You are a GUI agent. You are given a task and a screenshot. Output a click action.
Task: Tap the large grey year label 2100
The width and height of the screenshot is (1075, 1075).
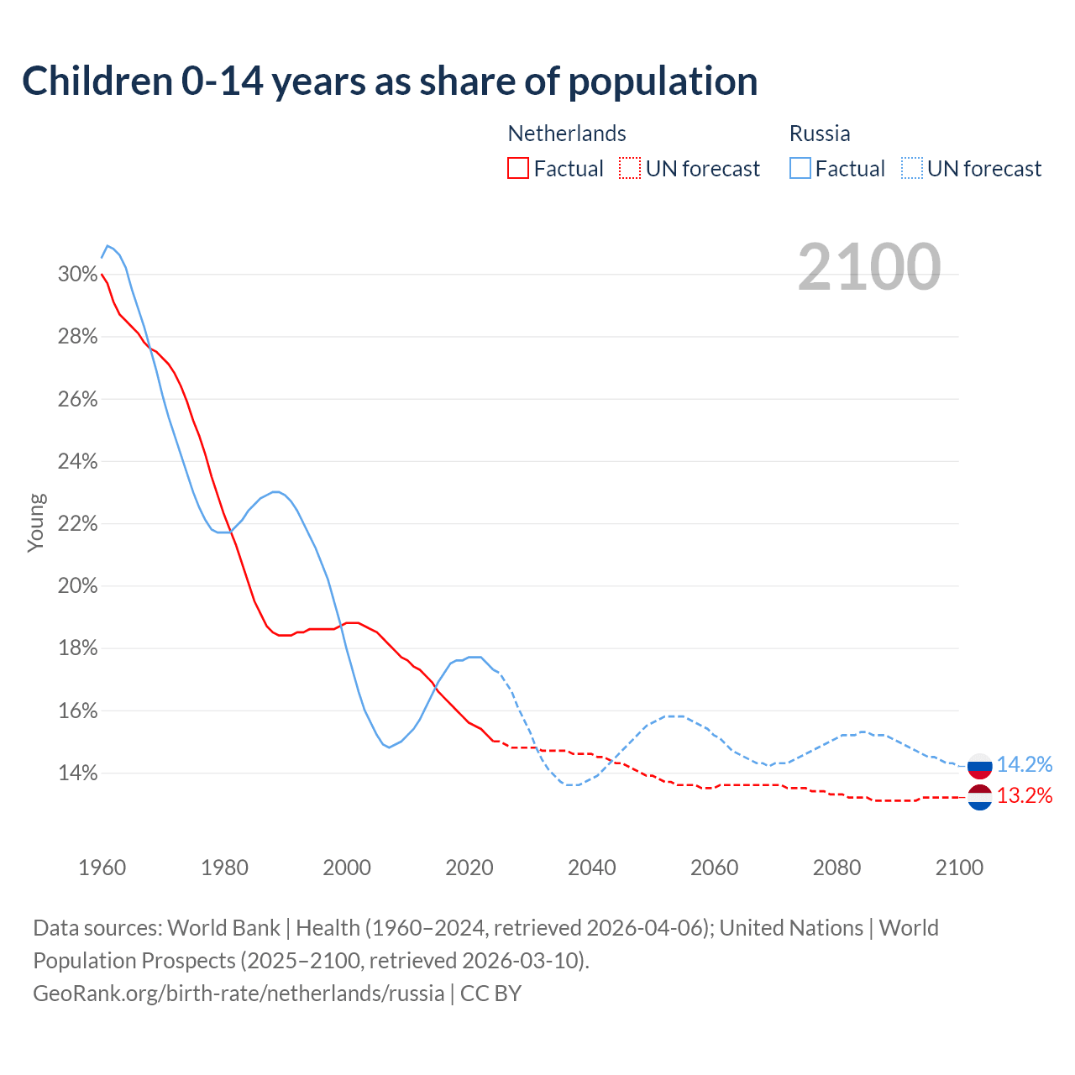(869, 267)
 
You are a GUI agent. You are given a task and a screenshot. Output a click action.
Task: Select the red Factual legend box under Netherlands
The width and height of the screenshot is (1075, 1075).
(518, 169)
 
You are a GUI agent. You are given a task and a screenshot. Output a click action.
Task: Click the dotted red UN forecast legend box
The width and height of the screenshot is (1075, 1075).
(630, 169)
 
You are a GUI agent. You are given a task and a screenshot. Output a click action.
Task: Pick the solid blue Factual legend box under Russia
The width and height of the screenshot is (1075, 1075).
(800, 169)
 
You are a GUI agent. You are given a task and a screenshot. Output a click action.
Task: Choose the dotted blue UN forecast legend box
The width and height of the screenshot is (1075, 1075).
(912, 169)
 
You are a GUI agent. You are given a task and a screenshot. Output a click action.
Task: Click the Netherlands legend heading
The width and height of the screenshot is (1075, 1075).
(567, 134)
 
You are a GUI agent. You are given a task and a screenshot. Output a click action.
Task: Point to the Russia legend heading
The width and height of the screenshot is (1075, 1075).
(820, 134)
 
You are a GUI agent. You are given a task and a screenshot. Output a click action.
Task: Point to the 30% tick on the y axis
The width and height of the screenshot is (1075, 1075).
(77, 275)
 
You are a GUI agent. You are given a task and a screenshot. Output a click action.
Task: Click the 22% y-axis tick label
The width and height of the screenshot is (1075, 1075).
(77, 524)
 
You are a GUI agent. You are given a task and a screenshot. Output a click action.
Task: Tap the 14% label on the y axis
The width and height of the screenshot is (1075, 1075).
(77, 773)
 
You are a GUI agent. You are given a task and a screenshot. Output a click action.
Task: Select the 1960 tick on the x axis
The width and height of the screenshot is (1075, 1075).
(102, 868)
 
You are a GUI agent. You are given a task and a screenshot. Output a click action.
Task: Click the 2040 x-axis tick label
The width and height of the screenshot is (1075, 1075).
(592, 868)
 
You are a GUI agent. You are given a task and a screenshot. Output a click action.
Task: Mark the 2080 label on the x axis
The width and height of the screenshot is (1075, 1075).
(837, 868)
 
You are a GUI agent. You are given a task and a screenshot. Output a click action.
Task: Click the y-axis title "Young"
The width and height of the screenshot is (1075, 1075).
(36, 522)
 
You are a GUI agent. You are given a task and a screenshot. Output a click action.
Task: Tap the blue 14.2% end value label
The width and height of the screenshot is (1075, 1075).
(1025, 764)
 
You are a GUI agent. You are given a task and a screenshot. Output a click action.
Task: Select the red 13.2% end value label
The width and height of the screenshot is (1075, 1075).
(1025, 795)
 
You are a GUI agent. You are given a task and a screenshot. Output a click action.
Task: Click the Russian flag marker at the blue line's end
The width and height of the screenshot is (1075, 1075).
(980, 765)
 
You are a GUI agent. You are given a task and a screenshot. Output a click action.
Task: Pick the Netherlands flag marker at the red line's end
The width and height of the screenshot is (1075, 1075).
(980, 797)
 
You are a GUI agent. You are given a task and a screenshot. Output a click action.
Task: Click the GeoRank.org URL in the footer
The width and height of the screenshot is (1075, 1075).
(239, 994)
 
